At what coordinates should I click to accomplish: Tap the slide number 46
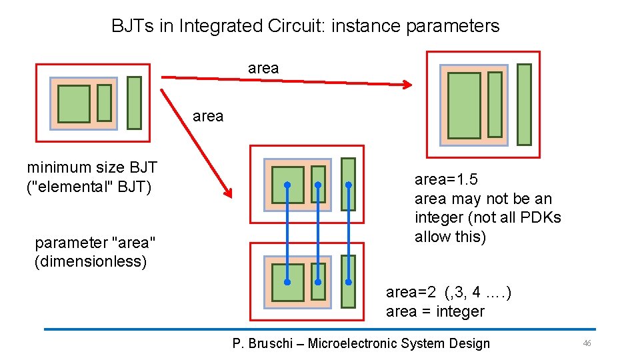[587, 343]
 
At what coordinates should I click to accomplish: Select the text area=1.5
[446, 179]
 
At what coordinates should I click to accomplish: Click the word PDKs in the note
[539, 217]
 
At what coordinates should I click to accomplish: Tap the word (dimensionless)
[91, 261]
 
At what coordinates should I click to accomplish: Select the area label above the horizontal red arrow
[263, 68]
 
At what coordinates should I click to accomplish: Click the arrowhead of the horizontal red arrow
[408, 85]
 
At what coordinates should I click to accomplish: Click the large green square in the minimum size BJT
[73, 104]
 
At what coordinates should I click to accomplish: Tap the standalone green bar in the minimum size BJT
[134, 103]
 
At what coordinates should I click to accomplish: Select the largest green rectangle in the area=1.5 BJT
[464, 105]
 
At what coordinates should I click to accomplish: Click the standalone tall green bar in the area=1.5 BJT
[525, 105]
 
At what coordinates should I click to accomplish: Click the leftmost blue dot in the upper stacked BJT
[287, 185]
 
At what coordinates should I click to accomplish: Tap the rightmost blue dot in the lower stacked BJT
[348, 282]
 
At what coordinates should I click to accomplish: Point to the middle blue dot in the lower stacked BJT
[318, 282]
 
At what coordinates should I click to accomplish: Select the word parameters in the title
[453, 26]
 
